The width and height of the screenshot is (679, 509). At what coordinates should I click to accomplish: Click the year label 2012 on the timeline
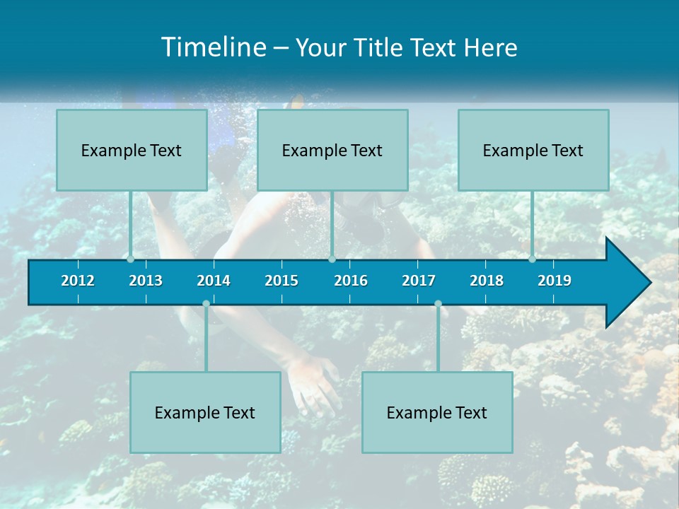pos(78,281)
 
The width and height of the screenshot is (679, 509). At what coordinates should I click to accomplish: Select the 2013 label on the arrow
pos(146,281)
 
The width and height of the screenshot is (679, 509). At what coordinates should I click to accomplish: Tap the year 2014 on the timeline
pos(214,281)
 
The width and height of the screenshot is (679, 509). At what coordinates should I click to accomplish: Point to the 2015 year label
pos(282,281)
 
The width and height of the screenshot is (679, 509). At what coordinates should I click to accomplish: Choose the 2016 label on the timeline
pos(351,281)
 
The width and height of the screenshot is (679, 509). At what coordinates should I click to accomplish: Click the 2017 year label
pos(419,281)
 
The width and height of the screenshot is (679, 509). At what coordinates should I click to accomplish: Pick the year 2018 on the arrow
pos(487,281)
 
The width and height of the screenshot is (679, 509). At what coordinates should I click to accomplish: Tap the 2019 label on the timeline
pos(555,281)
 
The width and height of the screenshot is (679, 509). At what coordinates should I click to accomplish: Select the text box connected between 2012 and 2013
pos(132,150)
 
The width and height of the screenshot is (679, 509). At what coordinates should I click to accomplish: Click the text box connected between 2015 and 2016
pos(332,150)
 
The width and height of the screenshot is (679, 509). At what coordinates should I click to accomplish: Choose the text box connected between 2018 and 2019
pos(533,150)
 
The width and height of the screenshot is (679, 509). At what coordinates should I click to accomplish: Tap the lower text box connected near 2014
pos(205,412)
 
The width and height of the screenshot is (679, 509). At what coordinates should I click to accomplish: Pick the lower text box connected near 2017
pos(437,412)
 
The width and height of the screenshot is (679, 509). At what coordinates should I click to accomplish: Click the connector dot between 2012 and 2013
pos(131,259)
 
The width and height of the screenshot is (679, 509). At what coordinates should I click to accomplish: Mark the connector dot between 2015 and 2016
pos(332,259)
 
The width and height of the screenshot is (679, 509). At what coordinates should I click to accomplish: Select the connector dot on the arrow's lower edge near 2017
pos(438,304)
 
